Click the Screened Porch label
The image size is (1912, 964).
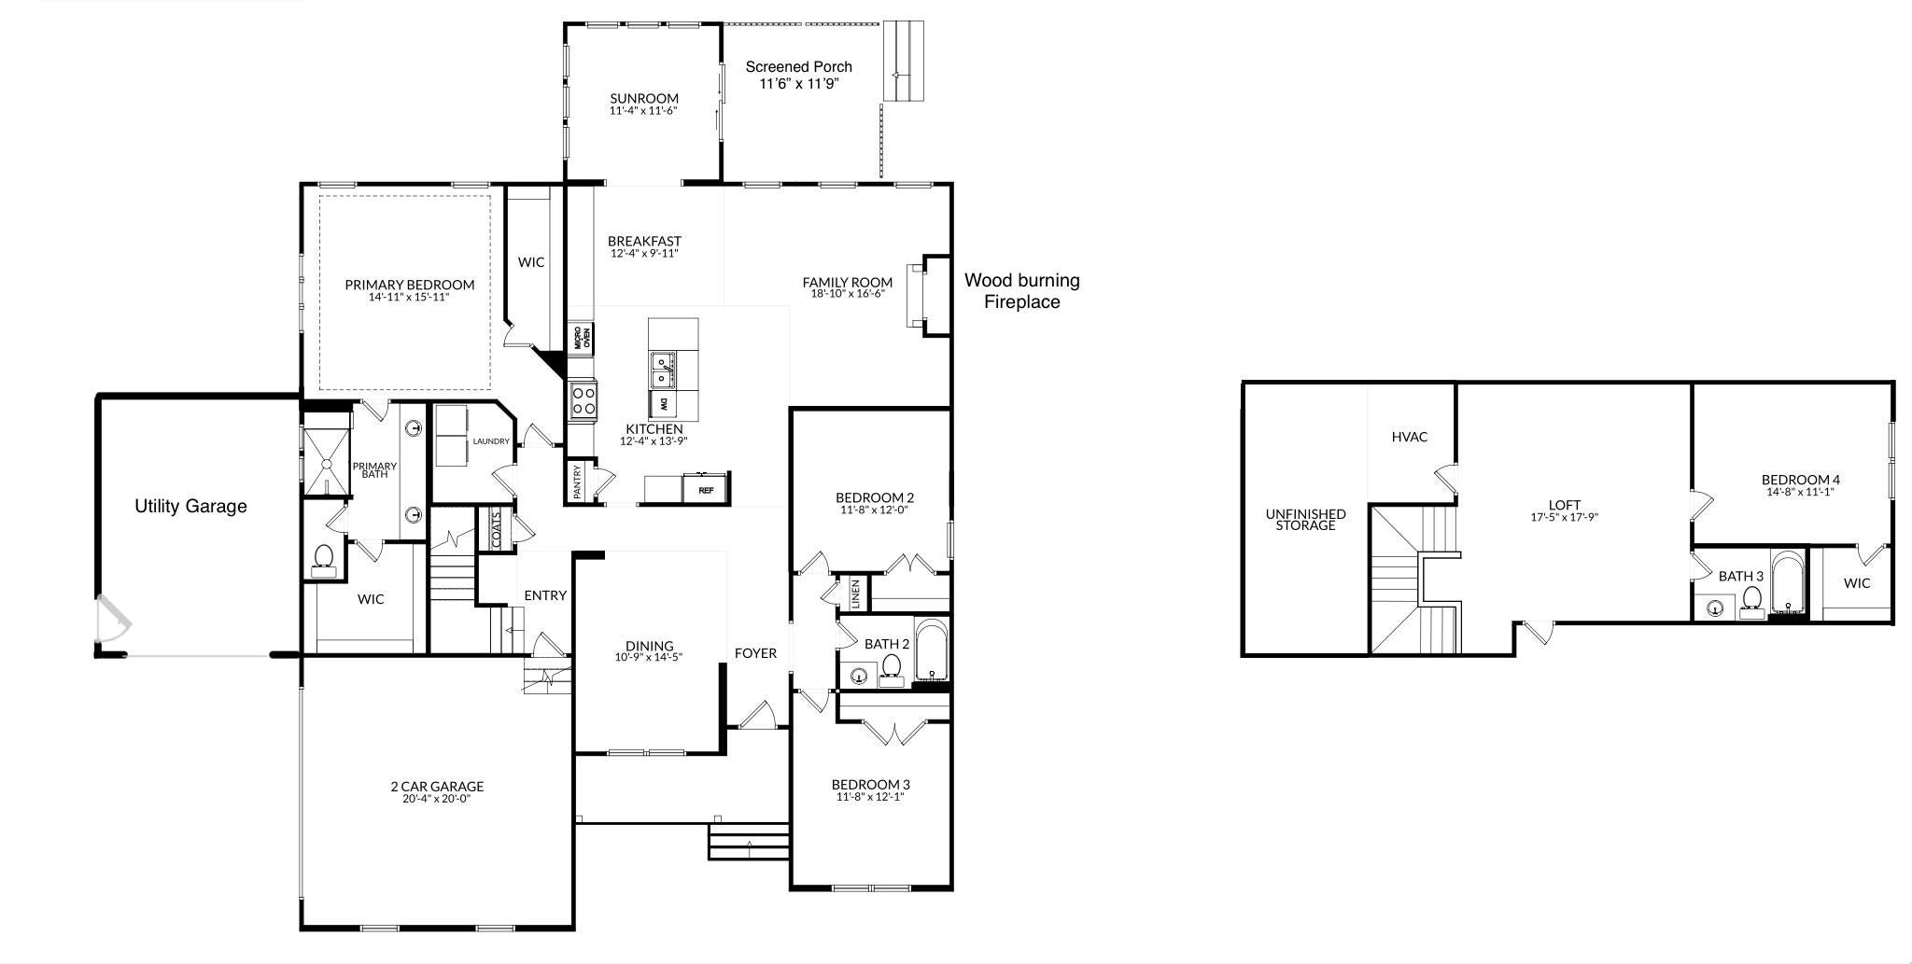pyautogui.click(x=798, y=67)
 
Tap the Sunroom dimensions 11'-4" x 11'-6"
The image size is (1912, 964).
pyautogui.click(x=643, y=111)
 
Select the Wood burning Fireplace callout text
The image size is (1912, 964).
pyautogui.click(x=1022, y=291)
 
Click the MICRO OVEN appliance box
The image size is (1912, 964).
pyautogui.click(x=582, y=338)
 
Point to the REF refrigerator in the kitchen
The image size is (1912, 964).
pyautogui.click(x=706, y=489)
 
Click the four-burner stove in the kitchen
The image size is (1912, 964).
pyautogui.click(x=583, y=401)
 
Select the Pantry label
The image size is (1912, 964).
pyautogui.click(x=578, y=482)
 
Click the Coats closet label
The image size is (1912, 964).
pyautogui.click(x=496, y=529)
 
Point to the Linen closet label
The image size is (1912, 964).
pyautogui.click(x=855, y=594)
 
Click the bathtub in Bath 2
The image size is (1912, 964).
pyautogui.click(x=932, y=650)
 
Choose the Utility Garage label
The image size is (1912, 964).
pyautogui.click(x=190, y=507)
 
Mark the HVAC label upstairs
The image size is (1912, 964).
pyautogui.click(x=1409, y=437)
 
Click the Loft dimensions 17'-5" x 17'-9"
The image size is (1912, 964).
pyautogui.click(x=1564, y=517)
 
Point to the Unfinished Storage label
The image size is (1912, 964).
pyautogui.click(x=1305, y=520)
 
